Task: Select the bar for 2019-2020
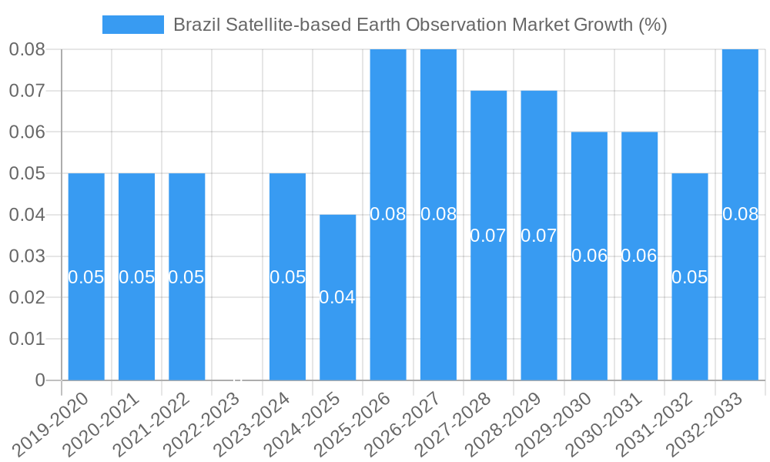[86, 276]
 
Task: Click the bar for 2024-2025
[338, 297]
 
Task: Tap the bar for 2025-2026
[388, 214]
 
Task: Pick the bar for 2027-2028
[489, 235]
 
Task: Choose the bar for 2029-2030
[589, 256]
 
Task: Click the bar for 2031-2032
[690, 276]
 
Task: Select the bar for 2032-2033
[740, 214]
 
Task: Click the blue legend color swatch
[133, 25]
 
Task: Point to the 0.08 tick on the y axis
[27, 50]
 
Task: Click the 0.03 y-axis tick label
[27, 256]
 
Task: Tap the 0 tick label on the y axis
[40, 380]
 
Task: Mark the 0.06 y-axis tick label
[27, 132]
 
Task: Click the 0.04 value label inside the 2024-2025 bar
[337, 297]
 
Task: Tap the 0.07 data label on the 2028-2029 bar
[539, 236]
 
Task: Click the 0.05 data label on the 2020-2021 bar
[136, 277]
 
